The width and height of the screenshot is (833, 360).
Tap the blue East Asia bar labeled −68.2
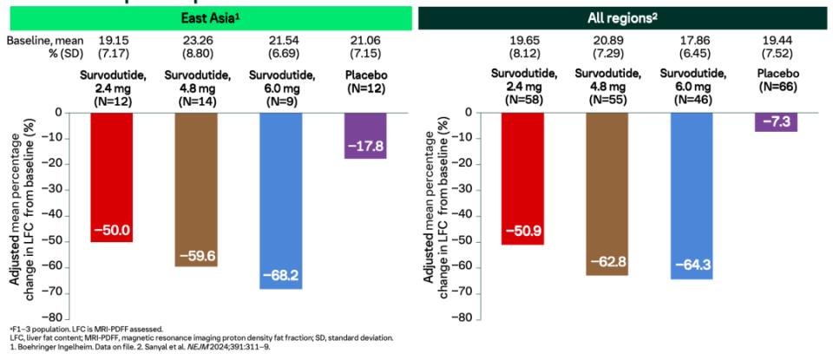[281, 200]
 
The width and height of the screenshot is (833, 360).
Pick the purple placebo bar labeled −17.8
[365, 135]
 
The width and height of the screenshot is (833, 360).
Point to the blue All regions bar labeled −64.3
[692, 195]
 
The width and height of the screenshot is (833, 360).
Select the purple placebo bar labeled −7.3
[777, 121]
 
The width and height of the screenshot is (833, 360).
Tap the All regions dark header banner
[626, 16]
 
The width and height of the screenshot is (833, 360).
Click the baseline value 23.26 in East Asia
[197, 40]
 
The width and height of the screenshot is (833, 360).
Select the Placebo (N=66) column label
[777, 82]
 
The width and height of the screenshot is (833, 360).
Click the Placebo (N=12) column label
[365, 82]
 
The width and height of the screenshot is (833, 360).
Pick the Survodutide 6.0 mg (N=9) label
[281, 87]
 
